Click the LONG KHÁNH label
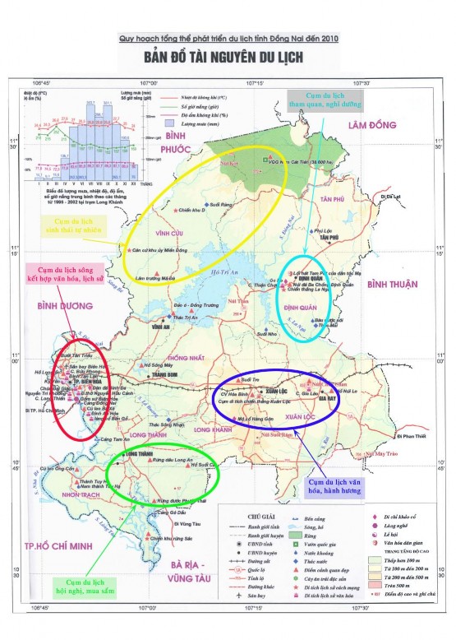point(212,429)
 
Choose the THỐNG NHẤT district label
point(182,359)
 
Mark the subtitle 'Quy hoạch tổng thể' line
point(228,38)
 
